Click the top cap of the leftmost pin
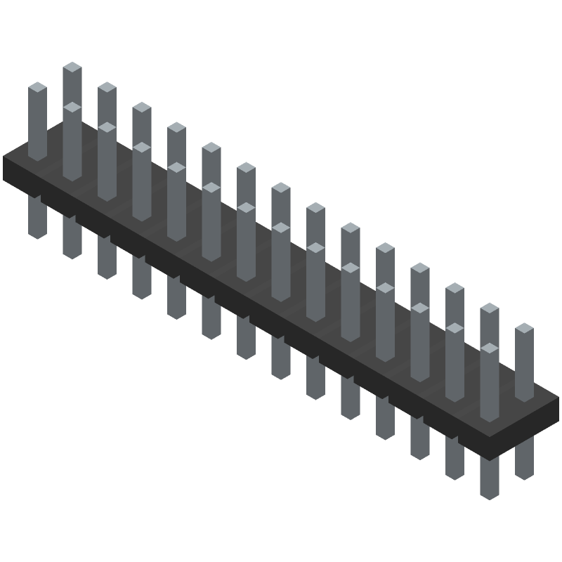click(37, 87)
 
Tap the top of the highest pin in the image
click(72, 67)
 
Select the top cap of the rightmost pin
click(524, 328)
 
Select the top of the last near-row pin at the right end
click(489, 348)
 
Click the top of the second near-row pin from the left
click(107, 128)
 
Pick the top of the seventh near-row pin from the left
click(280, 228)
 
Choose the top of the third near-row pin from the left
click(141, 148)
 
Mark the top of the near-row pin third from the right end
click(419, 308)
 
